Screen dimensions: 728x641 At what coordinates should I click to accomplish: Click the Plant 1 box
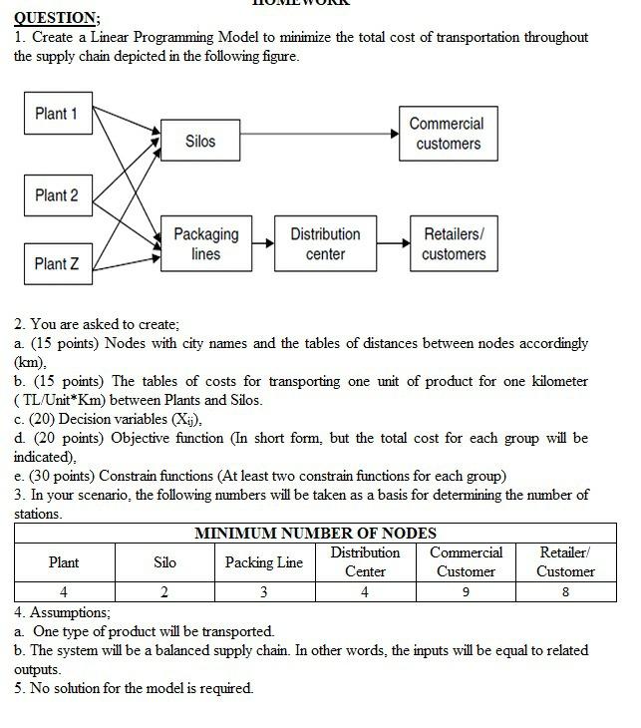coord(57,114)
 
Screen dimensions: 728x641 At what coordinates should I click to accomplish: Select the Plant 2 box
coord(57,195)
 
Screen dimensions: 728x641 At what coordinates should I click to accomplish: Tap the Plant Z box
coord(57,264)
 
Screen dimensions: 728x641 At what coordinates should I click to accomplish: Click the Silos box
coord(200,142)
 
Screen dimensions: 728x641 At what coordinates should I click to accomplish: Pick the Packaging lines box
coord(205,244)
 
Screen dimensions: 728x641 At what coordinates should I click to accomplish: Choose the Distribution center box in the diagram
coord(325,244)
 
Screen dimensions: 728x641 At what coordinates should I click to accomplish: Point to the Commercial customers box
coord(448,134)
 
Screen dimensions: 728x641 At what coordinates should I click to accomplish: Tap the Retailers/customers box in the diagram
coord(454,244)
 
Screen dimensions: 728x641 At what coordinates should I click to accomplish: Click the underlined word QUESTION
coord(56,17)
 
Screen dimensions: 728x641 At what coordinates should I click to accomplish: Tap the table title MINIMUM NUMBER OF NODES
coord(315,534)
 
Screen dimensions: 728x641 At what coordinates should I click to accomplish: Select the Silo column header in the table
coord(164,562)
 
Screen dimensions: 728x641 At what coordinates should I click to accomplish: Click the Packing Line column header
coord(263,562)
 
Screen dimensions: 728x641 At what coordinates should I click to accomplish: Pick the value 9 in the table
coord(466,591)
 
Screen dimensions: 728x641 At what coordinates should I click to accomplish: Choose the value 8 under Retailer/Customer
coord(565,591)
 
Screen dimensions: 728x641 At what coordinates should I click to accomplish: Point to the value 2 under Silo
coord(164,591)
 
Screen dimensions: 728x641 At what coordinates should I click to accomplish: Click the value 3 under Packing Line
coord(263,591)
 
